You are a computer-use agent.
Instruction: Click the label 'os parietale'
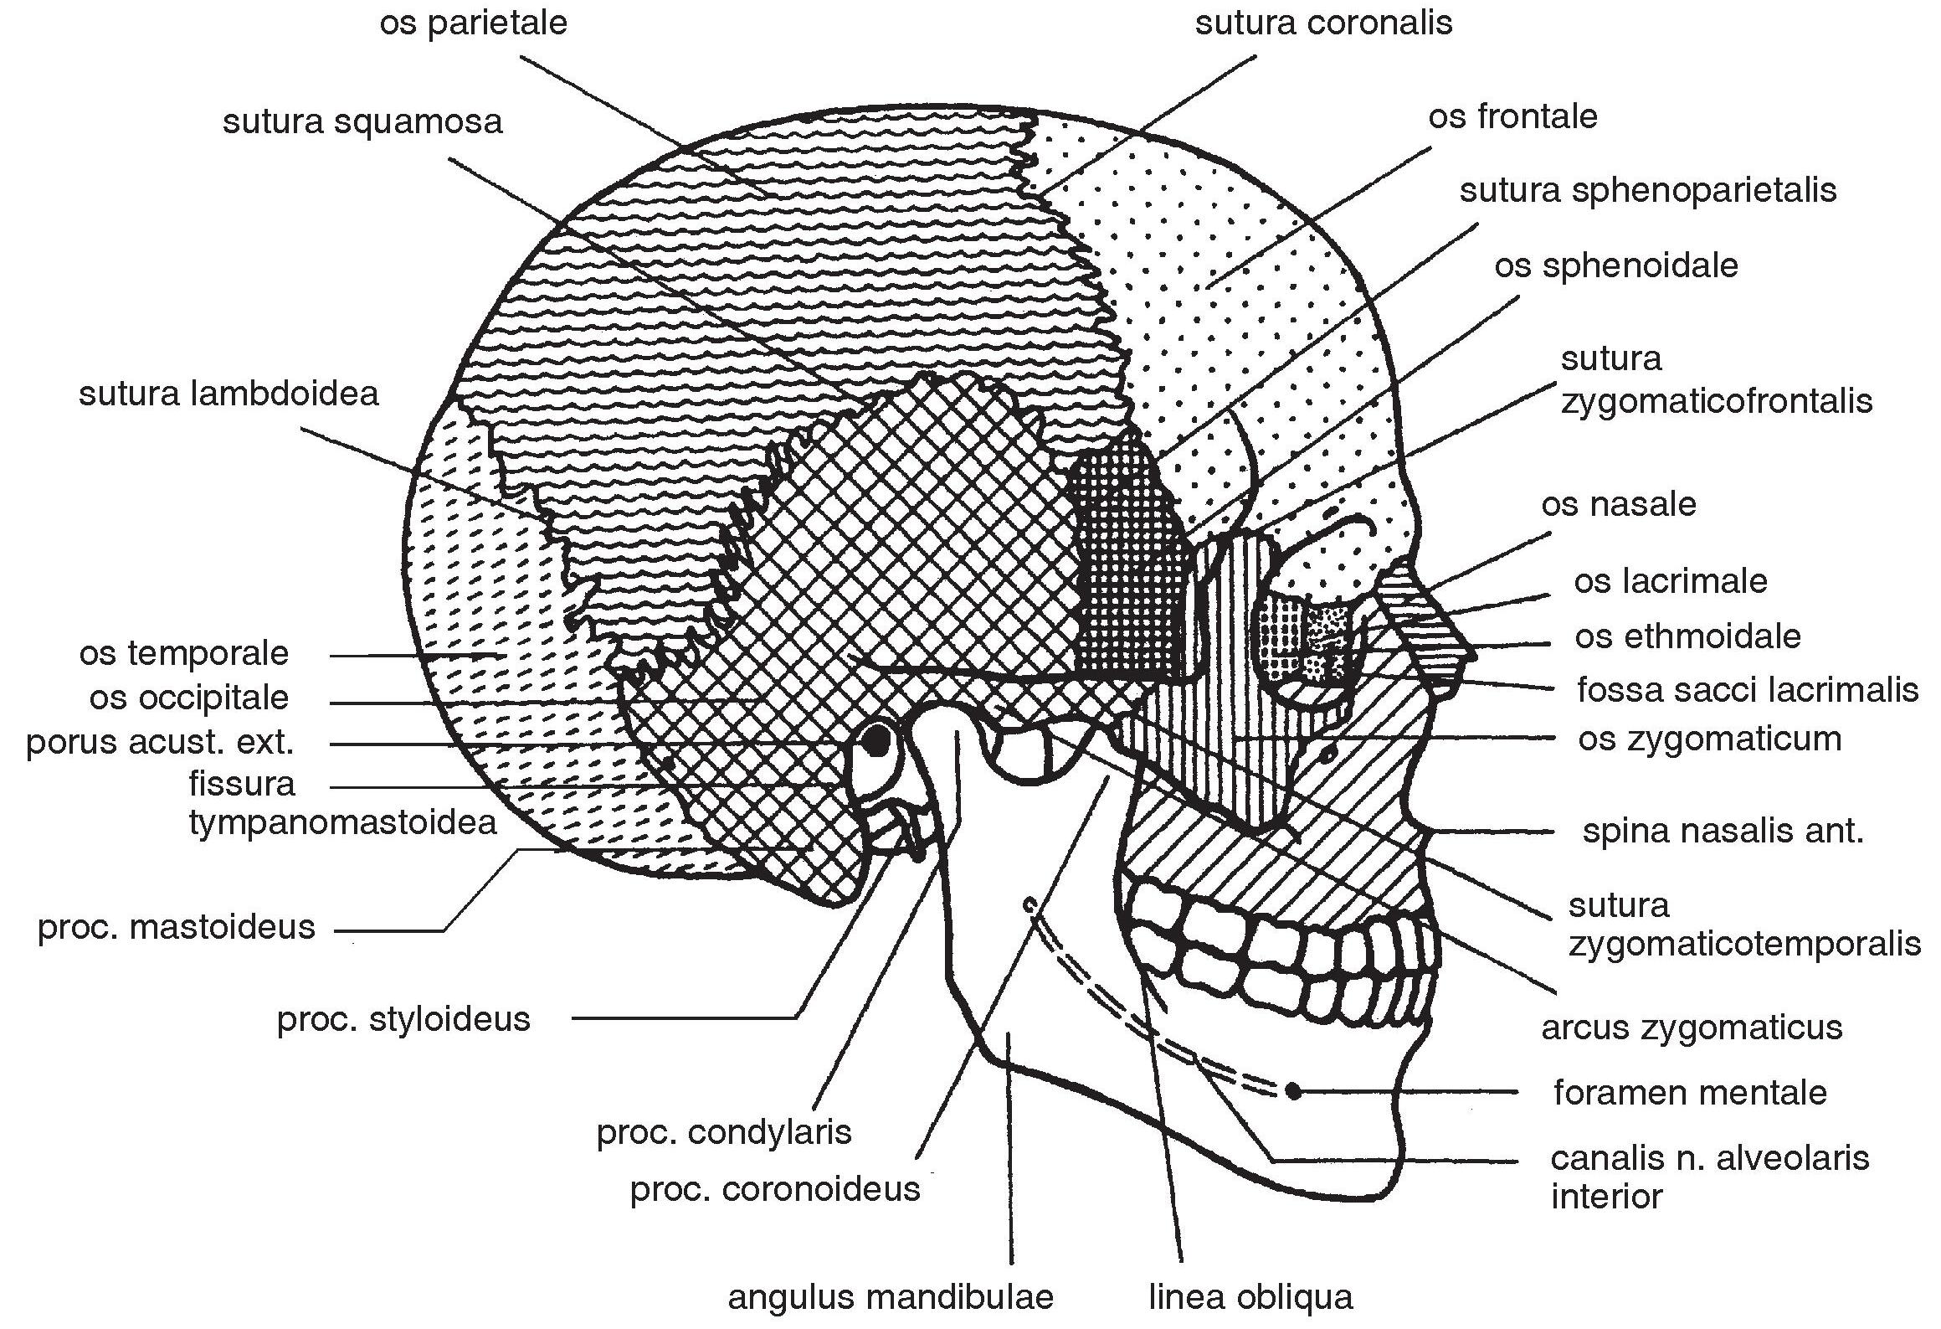pyautogui.click(x=473, y=23)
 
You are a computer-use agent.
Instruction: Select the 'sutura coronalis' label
pyautogui.click(x=1322, y=23)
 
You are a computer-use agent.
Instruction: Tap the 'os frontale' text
pyautogui.click(x=1512, y=116)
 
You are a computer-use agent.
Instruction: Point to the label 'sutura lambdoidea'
pyautogui.click(x=229, y=394)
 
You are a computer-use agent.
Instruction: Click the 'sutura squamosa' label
pyautogui.click(x=362, y=122)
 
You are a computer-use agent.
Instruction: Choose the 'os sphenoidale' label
pyautogui.click(x=1615, y=265)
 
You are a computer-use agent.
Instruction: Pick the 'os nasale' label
pyautogui.click(x=1618, y=504)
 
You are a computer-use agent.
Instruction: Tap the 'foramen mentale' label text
pyautogui.click(x=1690, y=1092)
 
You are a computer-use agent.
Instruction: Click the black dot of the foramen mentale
pyautogui.click(x=1293, y=1090)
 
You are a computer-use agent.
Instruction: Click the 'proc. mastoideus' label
pyautogui.click(x=176, y=927)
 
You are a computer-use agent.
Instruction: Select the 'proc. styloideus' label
pyautogui.click(x=403, y=1019)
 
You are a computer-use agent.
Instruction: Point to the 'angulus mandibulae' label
pyautogui.click(x=891, y=1297)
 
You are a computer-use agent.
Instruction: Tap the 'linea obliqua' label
pyautogui.click(x=1250, y=1297)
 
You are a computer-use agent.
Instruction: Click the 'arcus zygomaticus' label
pyautogui.click(x=1692, y=1027)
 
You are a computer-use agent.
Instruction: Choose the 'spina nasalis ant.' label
pyautogui.click(x=1723, y=832)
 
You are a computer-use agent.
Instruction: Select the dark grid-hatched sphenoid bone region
pyautogui.click(x=1126, y=569)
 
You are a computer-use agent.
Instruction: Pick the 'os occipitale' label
pyautogui.click(x=188, y=698)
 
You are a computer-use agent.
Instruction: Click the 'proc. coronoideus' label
pyautogui.click(x=774, y=1189)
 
